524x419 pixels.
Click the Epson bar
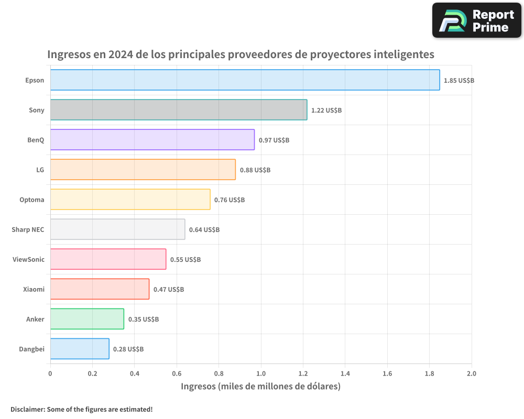(245, 80)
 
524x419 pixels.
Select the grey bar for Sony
(179, 110)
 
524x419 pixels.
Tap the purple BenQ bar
(152, 140)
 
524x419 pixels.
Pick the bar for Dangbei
(80, 349)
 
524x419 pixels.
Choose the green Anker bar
(87, 319)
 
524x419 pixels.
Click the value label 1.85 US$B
(458, 81)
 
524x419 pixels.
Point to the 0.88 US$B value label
(255, 170)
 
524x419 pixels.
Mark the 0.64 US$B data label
(204, 230)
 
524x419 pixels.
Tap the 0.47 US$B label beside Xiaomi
(169, 290)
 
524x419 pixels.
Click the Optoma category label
(32, 200)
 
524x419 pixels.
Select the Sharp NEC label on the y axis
(28, 229)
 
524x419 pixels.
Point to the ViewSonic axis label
(28, 259)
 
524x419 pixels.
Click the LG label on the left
(40, 170)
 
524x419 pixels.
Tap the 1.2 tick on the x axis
(303, 374)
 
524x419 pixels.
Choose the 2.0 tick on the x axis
(471, 374)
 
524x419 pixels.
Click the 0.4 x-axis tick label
(135, 374)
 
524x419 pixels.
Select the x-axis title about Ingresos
(260, 387)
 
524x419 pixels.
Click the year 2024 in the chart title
(122, 54)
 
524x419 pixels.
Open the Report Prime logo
(476, 20)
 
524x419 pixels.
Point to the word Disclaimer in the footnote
(27, 409)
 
